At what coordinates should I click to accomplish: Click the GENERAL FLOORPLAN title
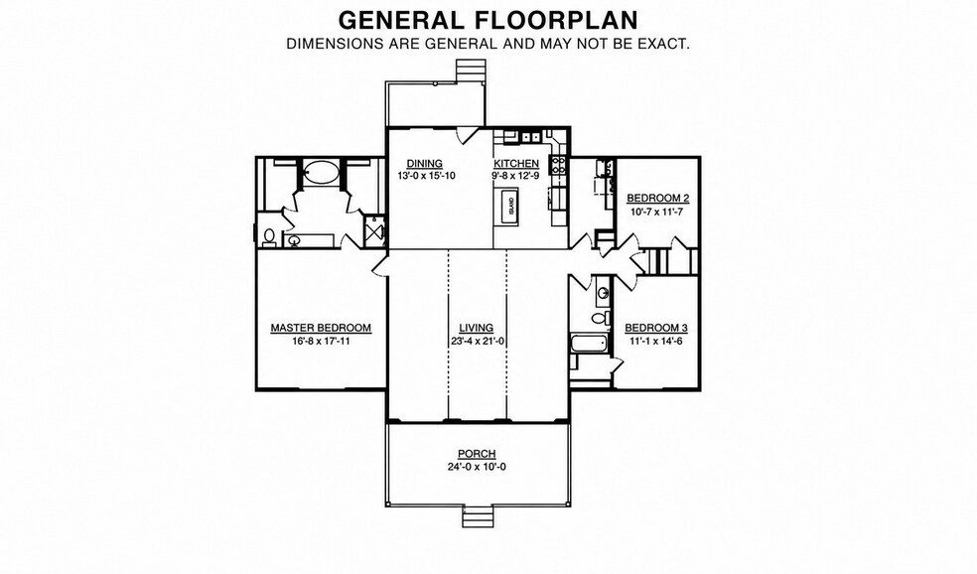point(488,20)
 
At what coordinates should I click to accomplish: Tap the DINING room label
point(424,164)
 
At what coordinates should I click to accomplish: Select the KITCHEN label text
point(516,164)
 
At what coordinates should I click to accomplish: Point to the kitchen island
point(510,204)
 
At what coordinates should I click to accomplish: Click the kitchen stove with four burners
point(558,165)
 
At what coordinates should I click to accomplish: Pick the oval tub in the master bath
point(321,172)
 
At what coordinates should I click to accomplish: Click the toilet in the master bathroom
point(269,236)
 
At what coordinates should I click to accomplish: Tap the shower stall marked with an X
point(374,232)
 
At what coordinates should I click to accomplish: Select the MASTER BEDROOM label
point(321,328)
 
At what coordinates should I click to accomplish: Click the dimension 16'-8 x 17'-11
point(321,341)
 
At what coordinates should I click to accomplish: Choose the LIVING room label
point(476,328)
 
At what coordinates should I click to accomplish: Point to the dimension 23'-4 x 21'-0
point(477,341)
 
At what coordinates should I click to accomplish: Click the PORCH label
point(477,454)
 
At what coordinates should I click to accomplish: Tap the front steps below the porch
point(478,516)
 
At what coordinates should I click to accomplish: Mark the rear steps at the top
point(470,70)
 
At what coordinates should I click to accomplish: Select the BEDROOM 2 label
point(658,199)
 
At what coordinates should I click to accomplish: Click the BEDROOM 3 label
point(656,328)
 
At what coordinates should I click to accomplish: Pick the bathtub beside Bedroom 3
point(589,344)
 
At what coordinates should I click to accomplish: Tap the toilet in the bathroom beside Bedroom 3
point(598,319)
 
